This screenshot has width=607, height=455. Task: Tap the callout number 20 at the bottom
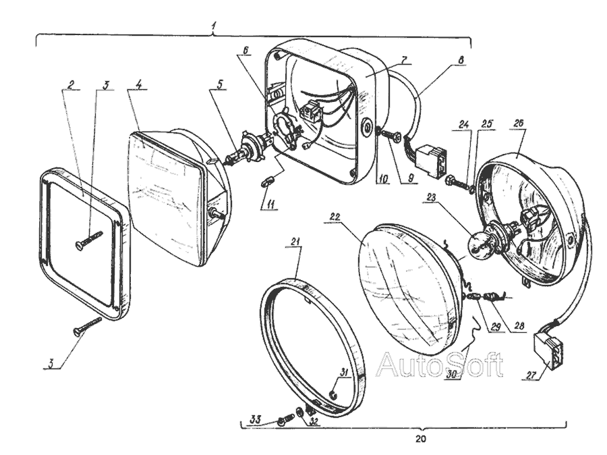coord(421,437)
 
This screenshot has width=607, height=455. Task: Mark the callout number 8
coord(461,59)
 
